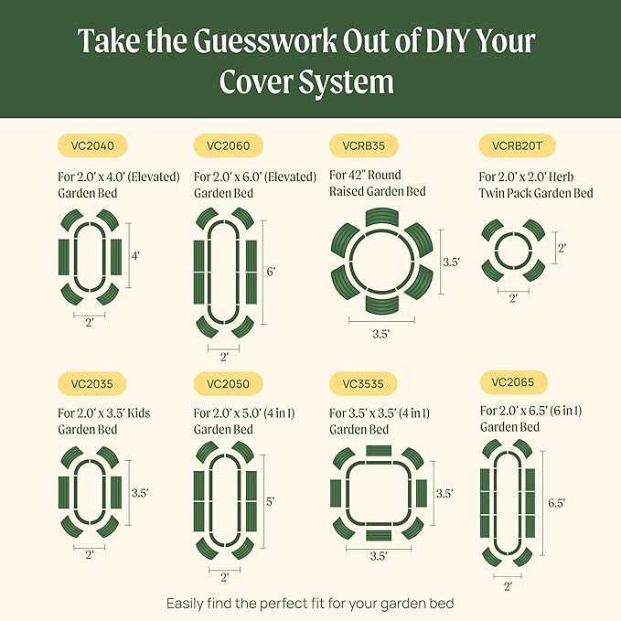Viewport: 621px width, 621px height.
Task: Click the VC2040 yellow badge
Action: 92,145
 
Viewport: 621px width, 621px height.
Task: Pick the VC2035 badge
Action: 92,383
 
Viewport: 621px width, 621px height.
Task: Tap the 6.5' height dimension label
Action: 556,503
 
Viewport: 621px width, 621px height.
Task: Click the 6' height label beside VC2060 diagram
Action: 272,272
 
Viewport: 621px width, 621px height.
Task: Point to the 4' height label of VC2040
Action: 135,257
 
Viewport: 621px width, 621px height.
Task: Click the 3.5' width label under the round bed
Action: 381,335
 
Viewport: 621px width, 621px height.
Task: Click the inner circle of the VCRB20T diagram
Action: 511,248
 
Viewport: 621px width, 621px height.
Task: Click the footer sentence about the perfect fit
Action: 310,603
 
